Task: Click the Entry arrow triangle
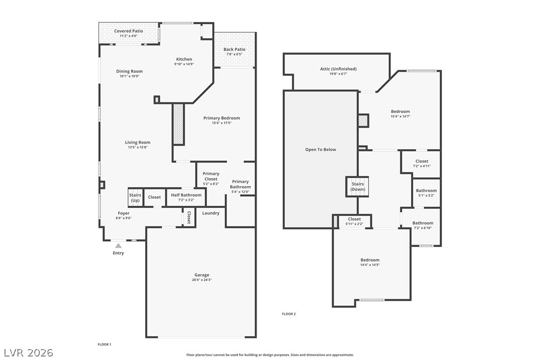pos(118,246)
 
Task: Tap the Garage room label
pos(202,275)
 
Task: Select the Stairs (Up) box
pos(135,197)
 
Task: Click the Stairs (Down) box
pos(358,187)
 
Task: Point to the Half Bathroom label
pos(186,195)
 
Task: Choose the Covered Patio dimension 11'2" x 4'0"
pos(128,36)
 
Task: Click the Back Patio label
pos(235,49)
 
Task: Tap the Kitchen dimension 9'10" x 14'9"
pos(184,64)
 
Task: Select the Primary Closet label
pos(211,177)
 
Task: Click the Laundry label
pos(211,213)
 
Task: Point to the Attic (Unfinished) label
pos(338,69)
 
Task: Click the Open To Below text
pos(321,150)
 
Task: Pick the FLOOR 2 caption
pos(288,314)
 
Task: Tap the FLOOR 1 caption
pos(104,344)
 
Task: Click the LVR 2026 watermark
pos(28,353)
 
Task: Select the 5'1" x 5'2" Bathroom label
pos(426,190)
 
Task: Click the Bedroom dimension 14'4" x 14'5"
pos(370,265)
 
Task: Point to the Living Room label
pos(138,142)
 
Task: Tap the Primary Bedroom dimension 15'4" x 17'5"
pos(222,123)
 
